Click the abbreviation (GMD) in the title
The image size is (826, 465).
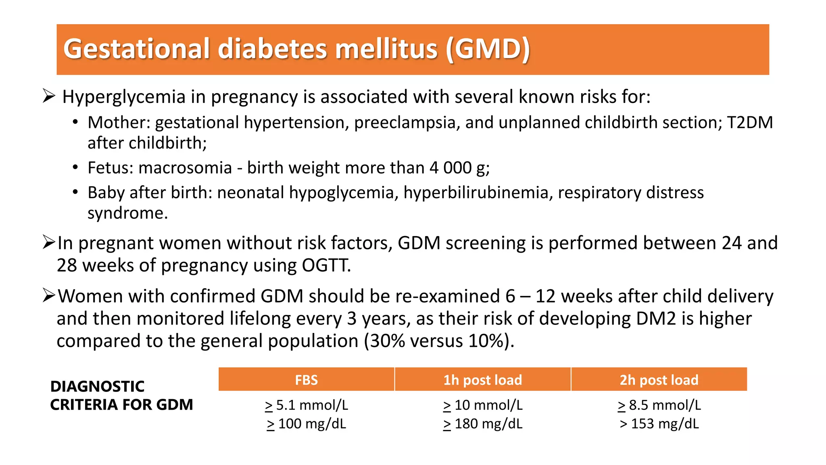[488, 49]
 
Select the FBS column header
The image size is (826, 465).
[306, 380]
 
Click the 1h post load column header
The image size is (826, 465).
[482, 380]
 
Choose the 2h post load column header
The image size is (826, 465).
[659, 380]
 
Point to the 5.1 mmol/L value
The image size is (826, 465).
[307, 405]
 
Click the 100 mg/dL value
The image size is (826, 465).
[307, 424]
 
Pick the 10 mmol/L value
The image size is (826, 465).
[483, 405]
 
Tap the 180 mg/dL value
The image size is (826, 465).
[483, 424]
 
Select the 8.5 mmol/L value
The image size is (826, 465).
[659, 405]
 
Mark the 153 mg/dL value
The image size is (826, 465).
[659, 424]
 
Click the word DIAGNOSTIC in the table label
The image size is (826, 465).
[97, 386]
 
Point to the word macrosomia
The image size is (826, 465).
[185, 168]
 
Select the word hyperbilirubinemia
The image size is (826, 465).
[476, 193]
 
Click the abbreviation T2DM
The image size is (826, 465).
[750, 123]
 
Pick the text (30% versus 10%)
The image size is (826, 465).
[439, 341]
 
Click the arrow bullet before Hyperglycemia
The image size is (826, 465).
[48, 96]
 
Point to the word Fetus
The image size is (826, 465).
[110, 168]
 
